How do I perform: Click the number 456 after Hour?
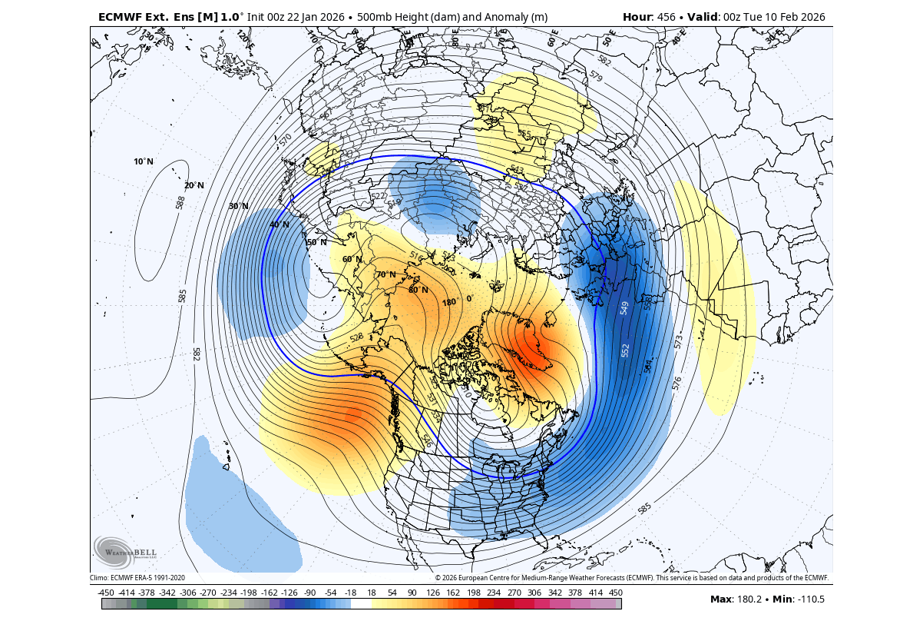tap(664, 17)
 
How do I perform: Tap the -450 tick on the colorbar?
tap(107, 593)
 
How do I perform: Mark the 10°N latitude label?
tap(144, 161)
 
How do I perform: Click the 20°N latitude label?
tap(194, 185)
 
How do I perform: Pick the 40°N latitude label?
tap(279, 224)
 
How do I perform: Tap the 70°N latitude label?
tap(385, 274)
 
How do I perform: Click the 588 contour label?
tap(180, 202)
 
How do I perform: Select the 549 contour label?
tap(624, 307)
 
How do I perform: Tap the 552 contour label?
tap(626, 350)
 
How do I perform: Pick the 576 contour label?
tap(677, 383)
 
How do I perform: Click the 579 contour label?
tap(595, 76)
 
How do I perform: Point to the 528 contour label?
tap(356, 337)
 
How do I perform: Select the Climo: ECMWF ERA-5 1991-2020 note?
tap(137, 578)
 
